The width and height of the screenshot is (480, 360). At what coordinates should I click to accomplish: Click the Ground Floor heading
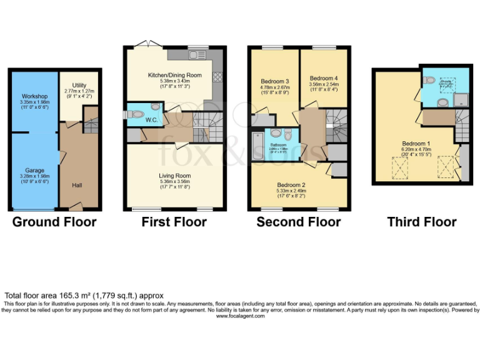(x=54, y=222)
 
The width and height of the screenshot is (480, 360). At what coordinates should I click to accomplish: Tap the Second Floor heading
(x=298, y=222)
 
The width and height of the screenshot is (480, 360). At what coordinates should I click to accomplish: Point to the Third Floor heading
(x=421, y=222)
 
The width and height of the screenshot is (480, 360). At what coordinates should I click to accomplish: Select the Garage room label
(x=35, y=170)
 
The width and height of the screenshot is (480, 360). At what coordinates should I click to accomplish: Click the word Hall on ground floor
(x=77, y=185)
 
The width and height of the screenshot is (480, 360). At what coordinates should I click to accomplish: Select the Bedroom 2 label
(x=291, y=185)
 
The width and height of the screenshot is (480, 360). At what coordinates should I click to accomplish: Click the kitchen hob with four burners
(x=218, y=77)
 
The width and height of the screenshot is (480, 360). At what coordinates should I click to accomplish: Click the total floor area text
(x=84, y=296)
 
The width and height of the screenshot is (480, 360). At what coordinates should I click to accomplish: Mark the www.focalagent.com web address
(x=240, y=316)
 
